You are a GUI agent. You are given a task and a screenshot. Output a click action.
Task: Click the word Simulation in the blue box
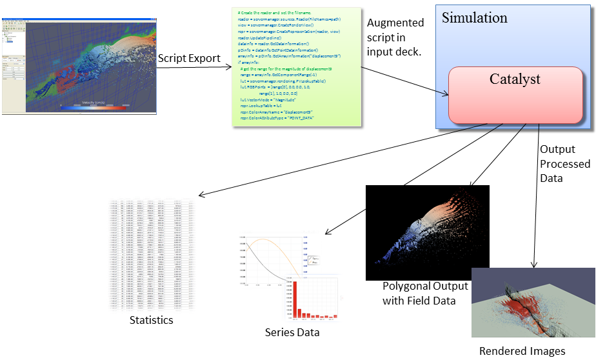coord(474,18)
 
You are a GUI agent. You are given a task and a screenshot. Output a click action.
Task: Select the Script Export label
coord(189,58)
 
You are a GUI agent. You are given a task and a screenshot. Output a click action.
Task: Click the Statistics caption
coord(152,320)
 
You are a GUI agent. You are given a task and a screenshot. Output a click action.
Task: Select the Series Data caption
coord(292,333)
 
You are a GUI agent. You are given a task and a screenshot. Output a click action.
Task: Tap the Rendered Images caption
coord(522,352)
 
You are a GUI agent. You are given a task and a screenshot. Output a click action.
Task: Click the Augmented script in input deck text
coord(395,37)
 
